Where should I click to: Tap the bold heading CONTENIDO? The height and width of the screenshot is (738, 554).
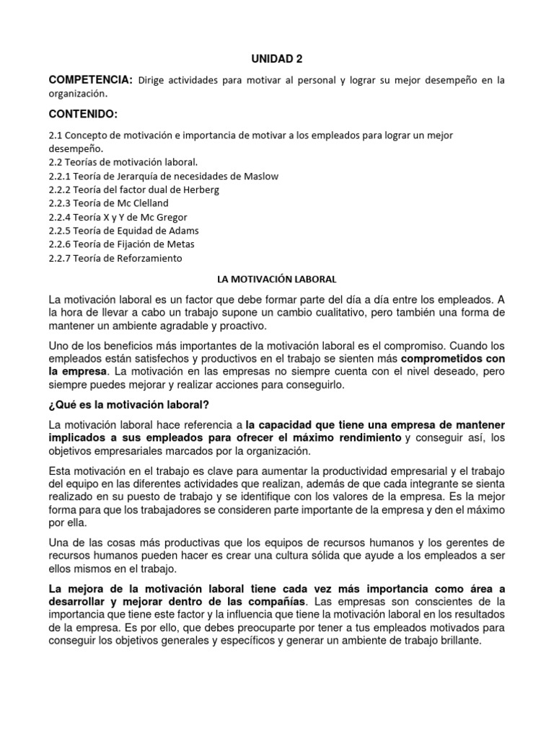(x=83, y=115)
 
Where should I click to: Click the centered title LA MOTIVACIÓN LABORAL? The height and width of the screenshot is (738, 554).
(x=277, y=277)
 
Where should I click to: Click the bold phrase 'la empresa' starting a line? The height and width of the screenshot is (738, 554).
(x=77, y=372)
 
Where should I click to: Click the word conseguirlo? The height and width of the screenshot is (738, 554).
(x=317, y=385)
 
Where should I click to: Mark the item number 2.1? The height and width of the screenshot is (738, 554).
(x=56, y=135)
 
